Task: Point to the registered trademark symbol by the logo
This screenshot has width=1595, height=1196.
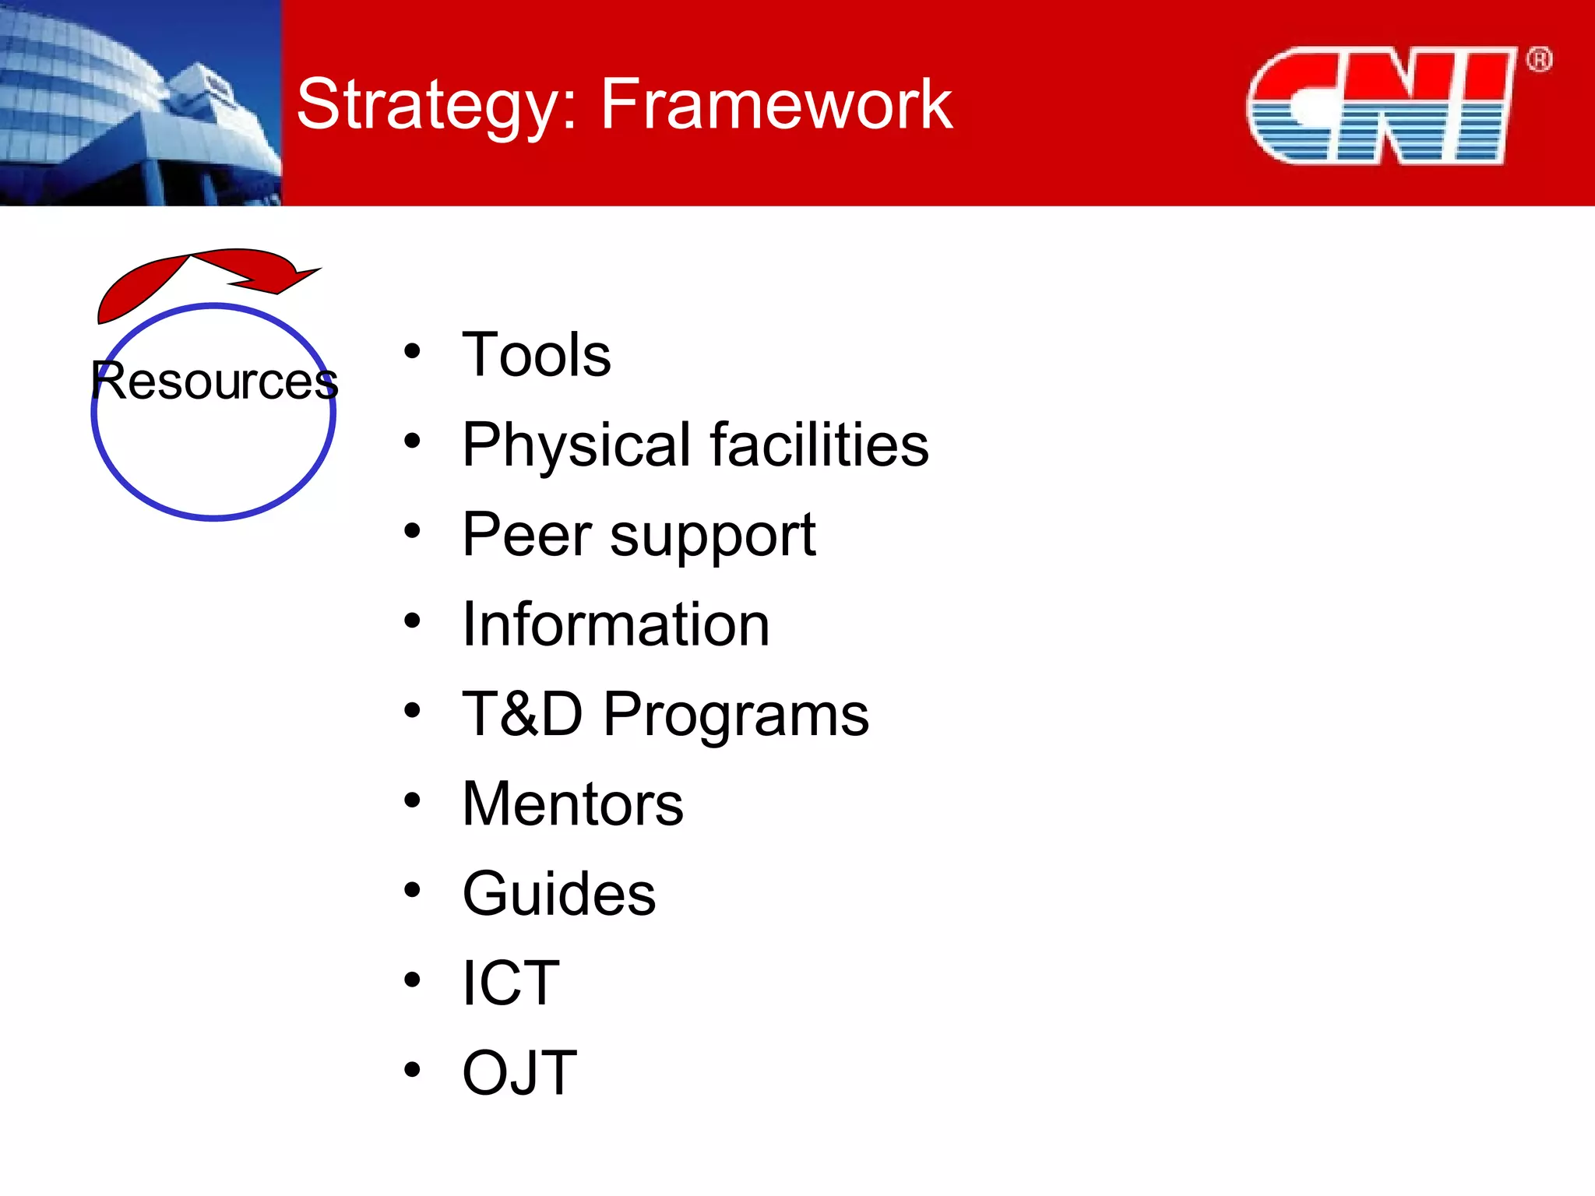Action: tap(1539, 60)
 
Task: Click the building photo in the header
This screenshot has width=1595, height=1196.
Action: tap(140, 103)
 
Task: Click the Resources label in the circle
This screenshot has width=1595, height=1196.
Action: tap(214, 381)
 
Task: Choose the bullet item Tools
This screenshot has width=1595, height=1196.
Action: tap(536, 355)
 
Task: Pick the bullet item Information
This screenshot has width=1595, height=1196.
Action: tap(615, 624)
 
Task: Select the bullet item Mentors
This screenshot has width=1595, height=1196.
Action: tap(572, 804)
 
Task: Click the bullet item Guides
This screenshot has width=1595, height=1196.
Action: tap(558, 894)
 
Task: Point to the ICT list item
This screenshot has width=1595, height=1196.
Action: tap(510, 983)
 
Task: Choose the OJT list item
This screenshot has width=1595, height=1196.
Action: tap(519, 1073)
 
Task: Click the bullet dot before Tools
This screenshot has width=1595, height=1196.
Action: tap(412, 352)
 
